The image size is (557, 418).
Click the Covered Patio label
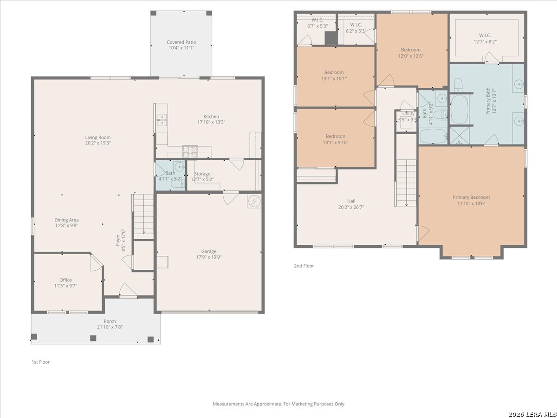point(181,42)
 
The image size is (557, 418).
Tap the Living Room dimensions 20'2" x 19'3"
point(98,143)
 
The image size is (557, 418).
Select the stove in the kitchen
point(190,151)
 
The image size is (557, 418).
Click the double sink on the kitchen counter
point(162,120)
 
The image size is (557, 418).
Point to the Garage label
point(208,251)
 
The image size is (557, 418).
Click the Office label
point(65,280)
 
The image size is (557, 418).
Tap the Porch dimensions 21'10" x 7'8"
point(110,327)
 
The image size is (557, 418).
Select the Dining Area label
point(66,220)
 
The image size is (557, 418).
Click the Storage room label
point(202,174)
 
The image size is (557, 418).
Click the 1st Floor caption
point(40,362)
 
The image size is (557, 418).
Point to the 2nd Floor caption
point(304,266)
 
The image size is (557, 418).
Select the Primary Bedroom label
point(471,197)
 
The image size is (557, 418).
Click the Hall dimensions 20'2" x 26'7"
point(351,207)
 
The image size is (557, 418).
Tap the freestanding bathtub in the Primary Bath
point(460,109)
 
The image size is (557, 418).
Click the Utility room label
point(408,113)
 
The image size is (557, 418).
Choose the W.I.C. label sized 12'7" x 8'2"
point(485,35)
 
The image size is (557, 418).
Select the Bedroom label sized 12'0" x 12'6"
point(411,50)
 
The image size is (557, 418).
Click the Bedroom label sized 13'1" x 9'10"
point(336,136)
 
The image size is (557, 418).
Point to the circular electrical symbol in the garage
point(254,202)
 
